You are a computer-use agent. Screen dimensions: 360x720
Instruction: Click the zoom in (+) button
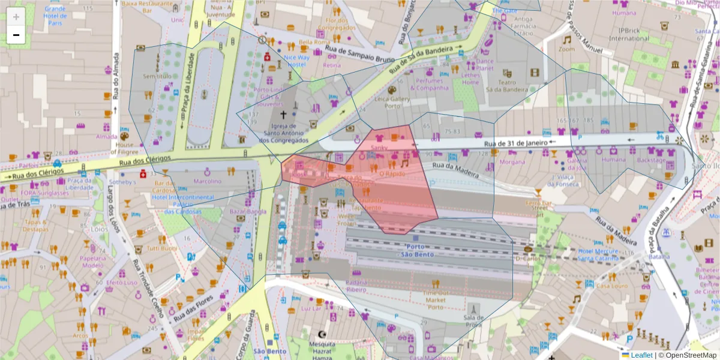[16, 16]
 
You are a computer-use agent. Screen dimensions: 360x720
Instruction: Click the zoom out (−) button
[16, 35]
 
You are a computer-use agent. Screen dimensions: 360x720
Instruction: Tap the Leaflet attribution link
[641, 355]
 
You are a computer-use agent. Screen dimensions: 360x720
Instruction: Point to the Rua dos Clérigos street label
[144, 161]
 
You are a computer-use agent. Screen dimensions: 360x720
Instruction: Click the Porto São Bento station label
[419, 250]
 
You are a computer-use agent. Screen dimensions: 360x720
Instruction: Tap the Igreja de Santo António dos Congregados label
[283, 133]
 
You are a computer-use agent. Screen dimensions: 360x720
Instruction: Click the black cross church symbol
[283, 113]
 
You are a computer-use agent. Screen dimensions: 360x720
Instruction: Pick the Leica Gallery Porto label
[392, 103]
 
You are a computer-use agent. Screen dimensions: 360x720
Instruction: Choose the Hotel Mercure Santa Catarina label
[602, 254]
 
